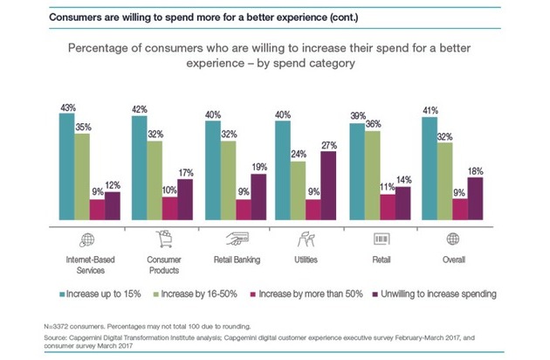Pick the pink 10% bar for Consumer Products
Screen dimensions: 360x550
(x=169, y=210)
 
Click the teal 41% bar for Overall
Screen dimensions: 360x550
(x=428, y=170)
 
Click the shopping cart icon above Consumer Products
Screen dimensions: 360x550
(x=162, y=239)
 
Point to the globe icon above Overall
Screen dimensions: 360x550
(x=452, y=239)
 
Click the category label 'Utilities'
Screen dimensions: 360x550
(x=306, y=260)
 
